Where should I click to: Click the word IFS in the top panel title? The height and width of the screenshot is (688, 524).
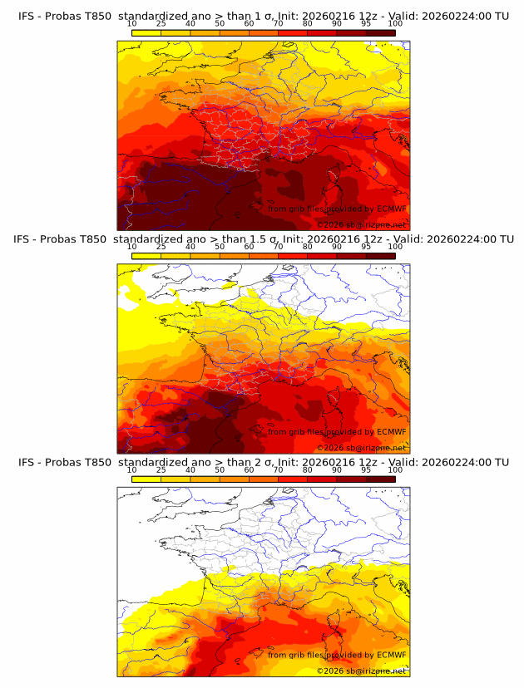pyautogui.click(x=27, y=16)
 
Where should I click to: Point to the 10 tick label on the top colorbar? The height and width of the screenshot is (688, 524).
pyautogui.click(x=132, y=23)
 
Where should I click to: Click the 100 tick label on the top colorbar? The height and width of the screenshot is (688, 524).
pyautogui.click(x=395, y=23)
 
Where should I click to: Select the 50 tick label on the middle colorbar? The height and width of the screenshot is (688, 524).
pyautogui.click(x=220, y=247)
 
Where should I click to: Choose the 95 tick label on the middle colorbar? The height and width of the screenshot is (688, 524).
pyautogui.click(x=366, y=247)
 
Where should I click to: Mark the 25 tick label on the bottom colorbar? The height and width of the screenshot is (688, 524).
pyautogui.click(x=161, y=469)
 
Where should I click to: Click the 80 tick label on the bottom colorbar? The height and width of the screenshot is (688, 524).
pyautogui.click(x=308, y=469)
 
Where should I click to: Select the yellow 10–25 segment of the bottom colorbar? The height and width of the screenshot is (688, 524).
pyautogui.click(x=146, y=479)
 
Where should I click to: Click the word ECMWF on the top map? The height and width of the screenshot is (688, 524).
pyautogui.click(x=391, y=209)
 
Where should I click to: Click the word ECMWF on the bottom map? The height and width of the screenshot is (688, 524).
pyautogui.click(x=391, y=655)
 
